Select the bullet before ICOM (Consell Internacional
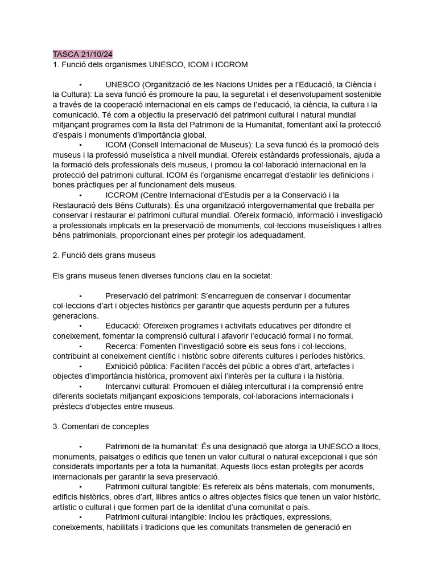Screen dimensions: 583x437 point(81,145)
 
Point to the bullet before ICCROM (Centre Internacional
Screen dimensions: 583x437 point(81,195)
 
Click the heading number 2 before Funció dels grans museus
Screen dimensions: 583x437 point(55,255)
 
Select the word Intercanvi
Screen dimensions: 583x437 point(126,386)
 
